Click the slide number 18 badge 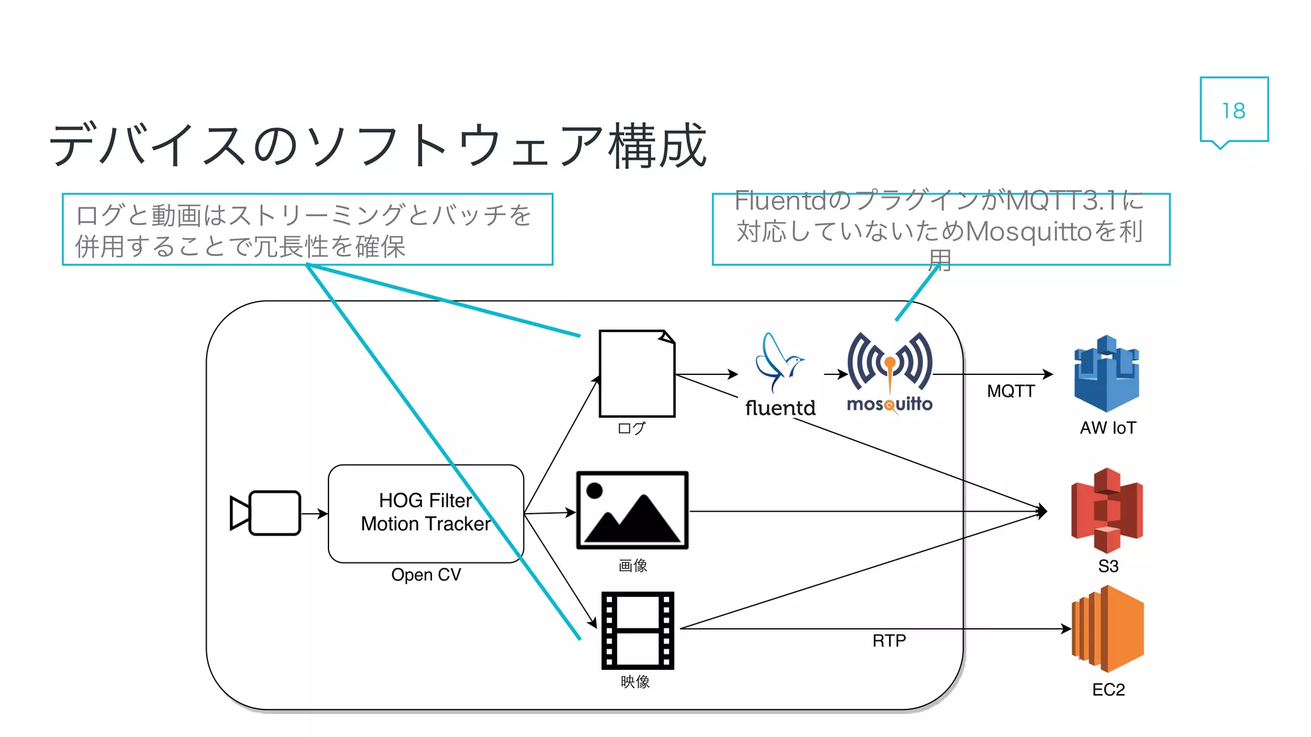[1234, 110]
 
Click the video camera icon [266, 512]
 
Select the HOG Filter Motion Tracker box [426, 513]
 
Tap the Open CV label [426, 575]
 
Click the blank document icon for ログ [636, 374]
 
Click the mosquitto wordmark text [889, 404]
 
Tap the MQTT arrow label [1011, 391]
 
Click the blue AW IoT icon [1106, 374]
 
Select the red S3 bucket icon [1107, 510]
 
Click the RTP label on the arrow [889, 640]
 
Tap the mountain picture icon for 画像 [632, 511]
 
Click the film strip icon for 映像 [638, 630]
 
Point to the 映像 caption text [635, 682]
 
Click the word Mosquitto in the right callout [1028, 231]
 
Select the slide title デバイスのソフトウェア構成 [378, 146]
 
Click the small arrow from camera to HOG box [314, 513]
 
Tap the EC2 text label [1108, 690]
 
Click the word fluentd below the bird [780, 408]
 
